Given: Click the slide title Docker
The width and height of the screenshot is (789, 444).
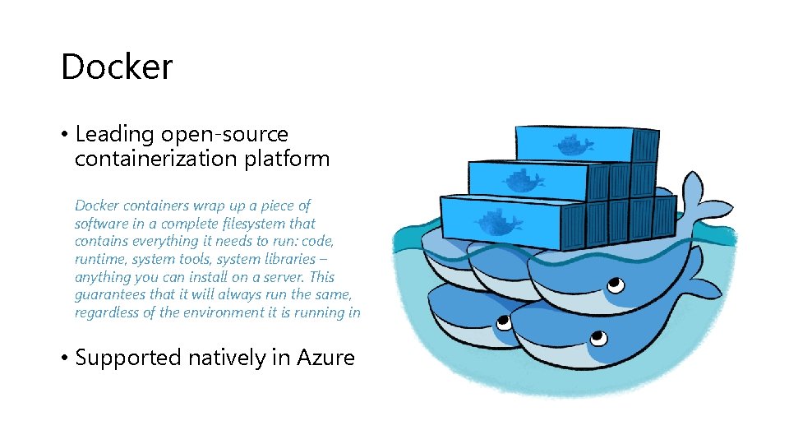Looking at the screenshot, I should (117, 67).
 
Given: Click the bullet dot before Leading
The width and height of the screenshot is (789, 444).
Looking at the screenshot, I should (64, 135).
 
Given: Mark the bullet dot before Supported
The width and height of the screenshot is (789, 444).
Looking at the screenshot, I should (64, 358).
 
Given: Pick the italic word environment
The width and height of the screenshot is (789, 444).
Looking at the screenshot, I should (211, 313).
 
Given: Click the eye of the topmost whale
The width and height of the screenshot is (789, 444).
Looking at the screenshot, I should (612, 284).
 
